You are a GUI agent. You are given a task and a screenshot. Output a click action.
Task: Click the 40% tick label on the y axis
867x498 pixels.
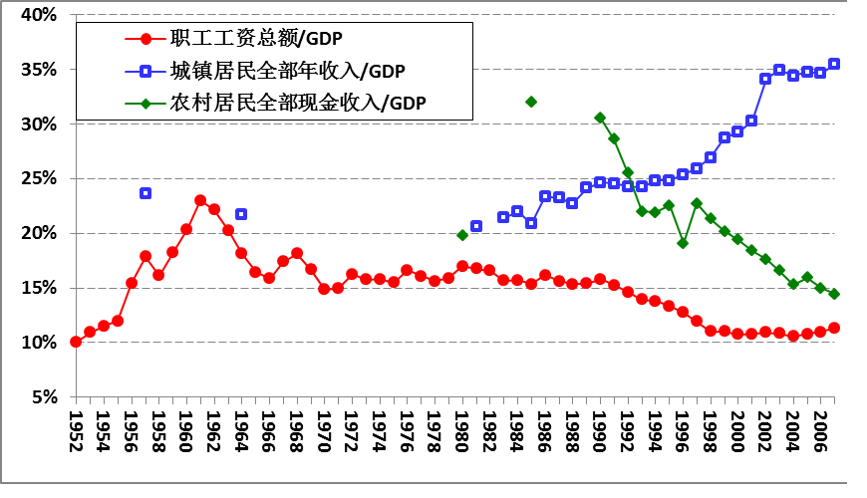37,15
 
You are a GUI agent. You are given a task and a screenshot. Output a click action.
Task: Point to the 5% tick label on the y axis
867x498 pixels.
41,397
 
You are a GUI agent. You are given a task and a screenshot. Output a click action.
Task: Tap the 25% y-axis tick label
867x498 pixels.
37,179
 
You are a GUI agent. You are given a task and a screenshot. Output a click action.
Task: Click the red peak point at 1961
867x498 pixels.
200,200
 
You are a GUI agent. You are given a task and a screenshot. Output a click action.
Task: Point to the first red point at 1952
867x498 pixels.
76,342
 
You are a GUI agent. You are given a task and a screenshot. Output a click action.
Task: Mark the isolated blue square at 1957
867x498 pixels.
145,193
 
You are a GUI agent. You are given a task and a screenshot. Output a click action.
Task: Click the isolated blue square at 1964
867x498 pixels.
241,214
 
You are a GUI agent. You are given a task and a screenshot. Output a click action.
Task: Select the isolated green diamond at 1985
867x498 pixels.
531,102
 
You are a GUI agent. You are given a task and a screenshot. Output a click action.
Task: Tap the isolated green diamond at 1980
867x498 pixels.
462,235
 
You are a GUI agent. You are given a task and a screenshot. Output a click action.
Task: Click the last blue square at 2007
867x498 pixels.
834,64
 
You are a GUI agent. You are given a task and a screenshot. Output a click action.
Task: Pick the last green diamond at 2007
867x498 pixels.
834,294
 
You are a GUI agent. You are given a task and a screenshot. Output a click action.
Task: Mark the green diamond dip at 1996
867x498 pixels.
683,243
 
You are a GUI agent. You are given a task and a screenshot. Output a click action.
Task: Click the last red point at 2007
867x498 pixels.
834,328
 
